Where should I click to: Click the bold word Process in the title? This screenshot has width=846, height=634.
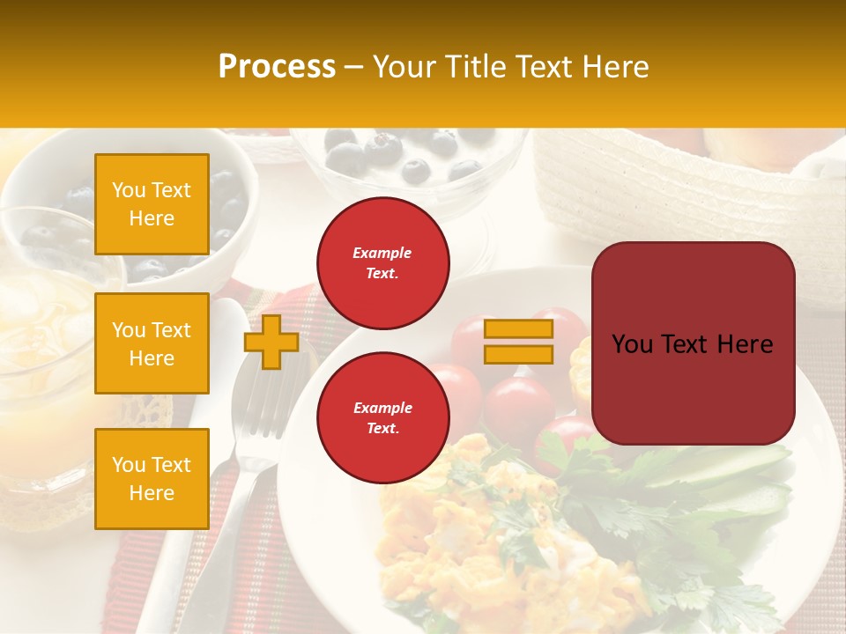277,67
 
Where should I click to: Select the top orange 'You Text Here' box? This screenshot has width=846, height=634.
152,204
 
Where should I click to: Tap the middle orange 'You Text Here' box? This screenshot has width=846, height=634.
152,343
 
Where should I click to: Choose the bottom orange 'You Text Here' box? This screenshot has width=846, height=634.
152,479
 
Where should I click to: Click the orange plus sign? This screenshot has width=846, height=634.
271,342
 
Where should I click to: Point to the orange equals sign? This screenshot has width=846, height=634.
518,342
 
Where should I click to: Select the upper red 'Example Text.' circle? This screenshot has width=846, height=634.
382,263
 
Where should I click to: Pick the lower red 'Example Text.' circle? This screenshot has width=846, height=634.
382,418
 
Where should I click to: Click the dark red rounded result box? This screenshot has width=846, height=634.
693,343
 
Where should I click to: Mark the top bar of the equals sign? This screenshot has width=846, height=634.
518,329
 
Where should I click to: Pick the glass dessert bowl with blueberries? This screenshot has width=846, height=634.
405,167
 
